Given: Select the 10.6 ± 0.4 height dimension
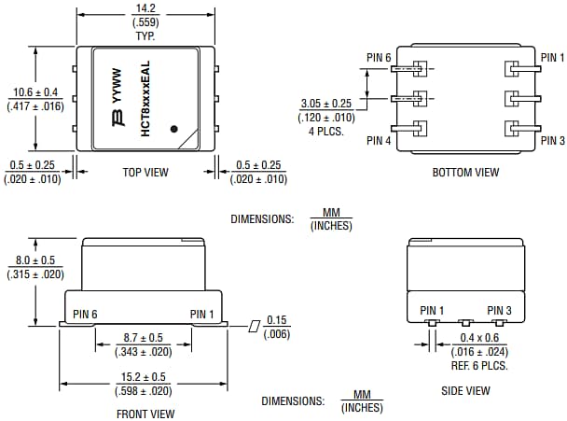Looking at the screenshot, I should coord(35,92).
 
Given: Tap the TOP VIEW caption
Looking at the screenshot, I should coord(145,172).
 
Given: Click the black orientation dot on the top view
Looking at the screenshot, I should coord(174,129).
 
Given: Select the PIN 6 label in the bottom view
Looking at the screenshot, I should coord(379,57).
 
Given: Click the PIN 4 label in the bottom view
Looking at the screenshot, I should coord(379,141).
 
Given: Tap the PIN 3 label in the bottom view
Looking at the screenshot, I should coord(552,141).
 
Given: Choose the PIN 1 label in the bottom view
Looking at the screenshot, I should coord(552,57).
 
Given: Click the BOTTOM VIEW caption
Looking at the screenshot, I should coord(465,172).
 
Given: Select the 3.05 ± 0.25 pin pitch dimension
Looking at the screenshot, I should coord(327,104).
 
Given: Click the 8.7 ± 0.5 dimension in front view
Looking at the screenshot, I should coord(144,338).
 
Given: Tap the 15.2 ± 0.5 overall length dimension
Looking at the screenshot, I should coord(144,378).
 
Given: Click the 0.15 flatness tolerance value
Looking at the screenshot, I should coord(276,319).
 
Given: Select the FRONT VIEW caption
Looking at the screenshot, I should coord(145,413).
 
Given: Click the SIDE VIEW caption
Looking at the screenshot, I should coord(465,391).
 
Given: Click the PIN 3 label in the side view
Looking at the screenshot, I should coord(500,310).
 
